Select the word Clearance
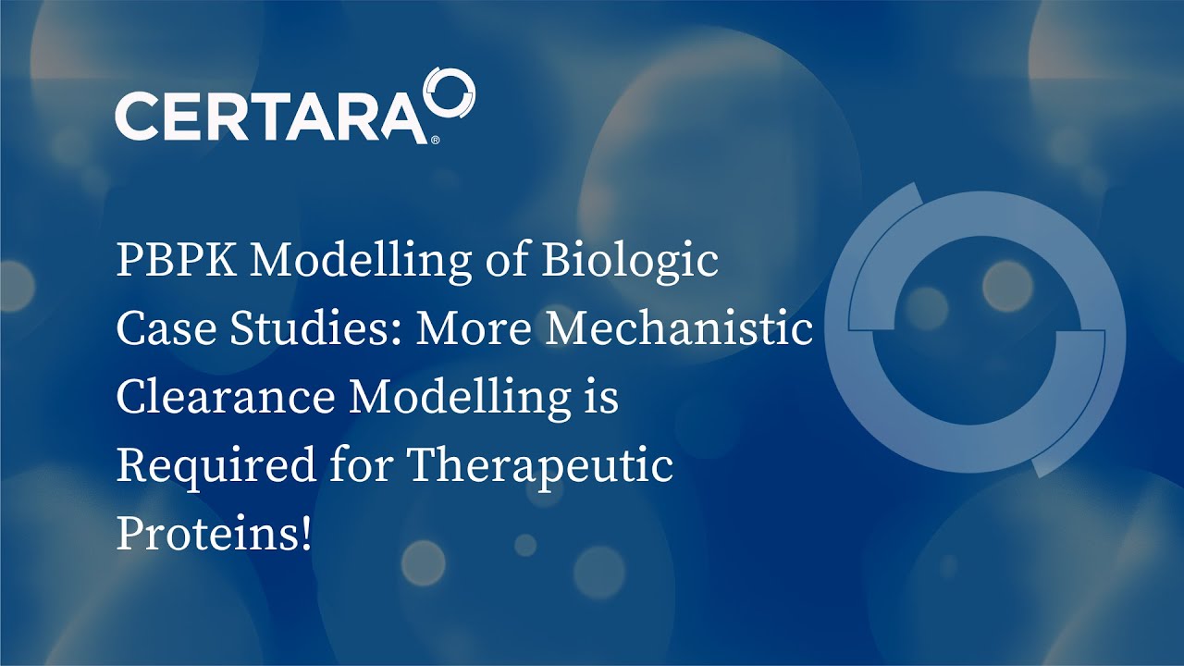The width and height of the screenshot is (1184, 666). point(226,399)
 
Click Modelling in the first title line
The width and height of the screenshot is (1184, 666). point(361,262)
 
